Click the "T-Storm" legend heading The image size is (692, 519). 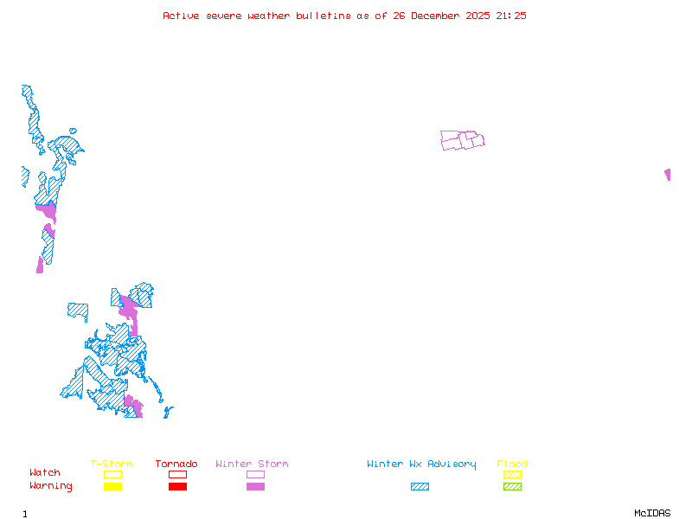pos(112,465)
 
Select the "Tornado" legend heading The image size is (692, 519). pos(176,465)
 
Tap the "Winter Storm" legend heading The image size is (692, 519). pos(252,465)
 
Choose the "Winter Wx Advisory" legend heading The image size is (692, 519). pos(421,465)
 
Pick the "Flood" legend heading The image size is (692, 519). pos(512,465)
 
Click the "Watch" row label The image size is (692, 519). pos(45,473)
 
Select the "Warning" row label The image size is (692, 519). pos(51,486)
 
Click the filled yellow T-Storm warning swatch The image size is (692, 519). pos(112,487)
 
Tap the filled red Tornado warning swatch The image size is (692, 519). pos(177,487)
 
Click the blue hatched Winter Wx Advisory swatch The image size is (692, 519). pos(420,487)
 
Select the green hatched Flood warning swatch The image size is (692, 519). pos(512,487)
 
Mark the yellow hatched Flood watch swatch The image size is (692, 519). pos(512,475)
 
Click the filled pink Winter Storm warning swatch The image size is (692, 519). pos(255,487)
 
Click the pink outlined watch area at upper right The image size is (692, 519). pos(462,140)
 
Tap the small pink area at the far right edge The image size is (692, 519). pos(667,175)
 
